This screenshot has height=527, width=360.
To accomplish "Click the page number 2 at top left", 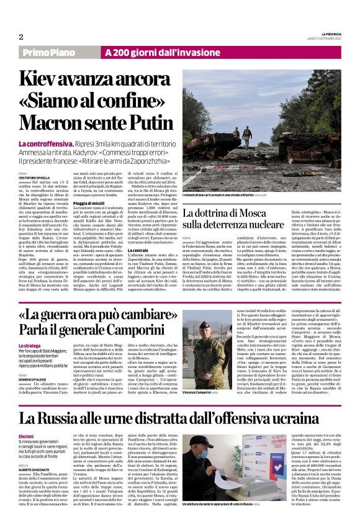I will point(20,37).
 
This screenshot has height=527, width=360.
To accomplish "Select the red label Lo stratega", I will point(30,345).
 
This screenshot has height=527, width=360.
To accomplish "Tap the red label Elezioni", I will point(26,437).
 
